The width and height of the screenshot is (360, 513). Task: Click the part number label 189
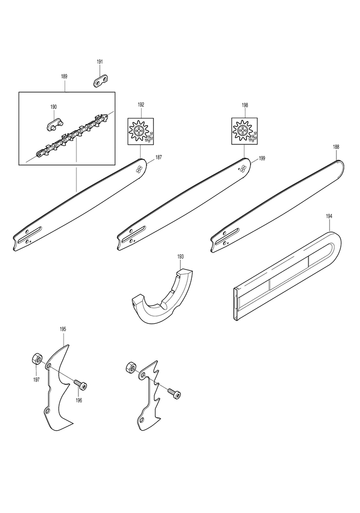point(64,76)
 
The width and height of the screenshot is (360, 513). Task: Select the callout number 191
point(100,62)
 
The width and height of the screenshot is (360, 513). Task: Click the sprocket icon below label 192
point(141,132)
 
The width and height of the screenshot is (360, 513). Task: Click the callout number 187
point(159,158)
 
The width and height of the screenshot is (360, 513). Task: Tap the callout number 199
point(262,158)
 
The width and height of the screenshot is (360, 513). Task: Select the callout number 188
point(336,147)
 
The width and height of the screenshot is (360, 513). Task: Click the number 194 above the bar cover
point(329,216)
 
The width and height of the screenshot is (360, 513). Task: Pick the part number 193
point(180,257)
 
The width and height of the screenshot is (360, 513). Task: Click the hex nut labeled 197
point(36,358)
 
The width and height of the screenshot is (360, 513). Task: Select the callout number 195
point(63,328)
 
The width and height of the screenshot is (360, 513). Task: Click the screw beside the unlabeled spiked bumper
point(174,392)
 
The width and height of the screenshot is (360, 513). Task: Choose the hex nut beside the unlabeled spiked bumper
point(131,367)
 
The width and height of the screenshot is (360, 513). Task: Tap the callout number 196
point(79,400)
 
